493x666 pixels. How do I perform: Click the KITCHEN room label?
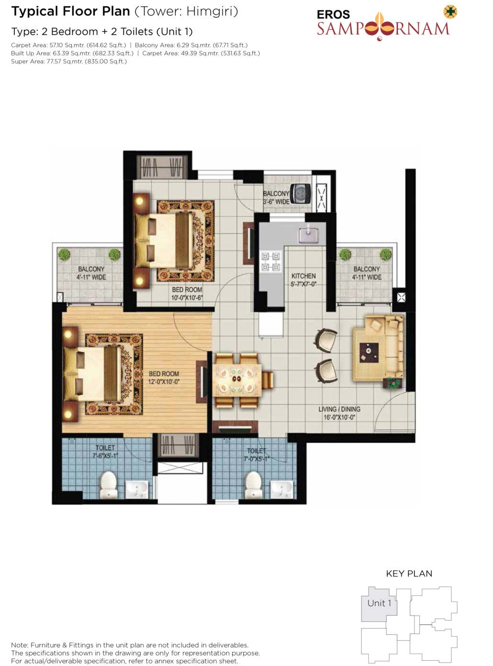(x=303, y=276)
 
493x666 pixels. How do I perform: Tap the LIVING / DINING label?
(x=339, y=409)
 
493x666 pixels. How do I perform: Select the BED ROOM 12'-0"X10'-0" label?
(x=164, y=378)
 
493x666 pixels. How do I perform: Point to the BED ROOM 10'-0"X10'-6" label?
(x=187, y=293)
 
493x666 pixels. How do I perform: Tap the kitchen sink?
(x=308, y=235)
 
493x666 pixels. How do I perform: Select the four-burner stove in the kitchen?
(x=271, y=261)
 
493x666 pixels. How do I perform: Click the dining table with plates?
(x=238, y=381)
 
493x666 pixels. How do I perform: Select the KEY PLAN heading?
(x=409, y=574)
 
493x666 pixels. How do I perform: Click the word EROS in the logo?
(x=333, y=14)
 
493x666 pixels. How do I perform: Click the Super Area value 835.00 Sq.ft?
(x=106, y=62)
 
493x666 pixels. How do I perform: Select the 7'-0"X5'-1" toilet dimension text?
(x=256, y=459)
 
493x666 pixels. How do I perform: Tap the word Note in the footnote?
(x=20, y=645)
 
